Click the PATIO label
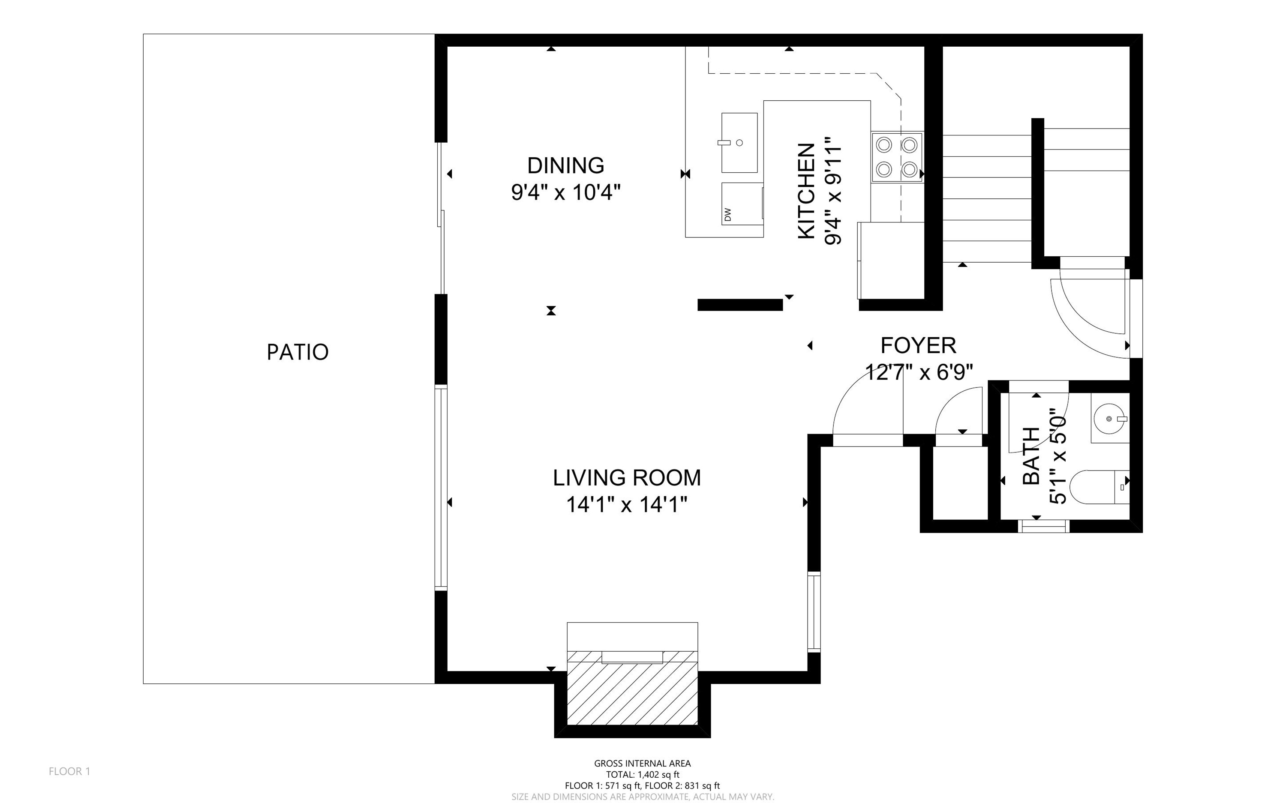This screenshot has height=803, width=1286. (297, 352)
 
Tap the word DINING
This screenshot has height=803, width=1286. (566, 166)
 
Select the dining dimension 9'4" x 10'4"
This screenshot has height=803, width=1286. (566, 192)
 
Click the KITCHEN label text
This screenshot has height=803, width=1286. (806, 191)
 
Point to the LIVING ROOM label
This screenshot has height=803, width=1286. (627, 478)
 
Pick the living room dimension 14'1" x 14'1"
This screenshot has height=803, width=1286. (627, 504)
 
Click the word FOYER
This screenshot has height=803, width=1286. (919, 346)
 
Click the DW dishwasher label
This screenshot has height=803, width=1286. (728, 215)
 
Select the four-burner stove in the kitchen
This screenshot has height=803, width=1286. (897, 157)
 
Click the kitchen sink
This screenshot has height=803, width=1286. (739, 142)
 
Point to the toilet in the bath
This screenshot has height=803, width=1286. (1099, 486)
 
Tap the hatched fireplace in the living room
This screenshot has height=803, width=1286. (632, 688)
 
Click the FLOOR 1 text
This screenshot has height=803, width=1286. (69, 771)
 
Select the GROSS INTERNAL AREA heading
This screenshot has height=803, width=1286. (642, 763)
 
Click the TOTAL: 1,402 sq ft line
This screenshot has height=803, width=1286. (642, 774)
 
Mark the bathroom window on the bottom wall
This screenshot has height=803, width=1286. (1043, 526)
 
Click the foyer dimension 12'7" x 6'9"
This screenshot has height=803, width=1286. (919, 372)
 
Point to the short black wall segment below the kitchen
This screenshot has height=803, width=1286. (740, 305)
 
